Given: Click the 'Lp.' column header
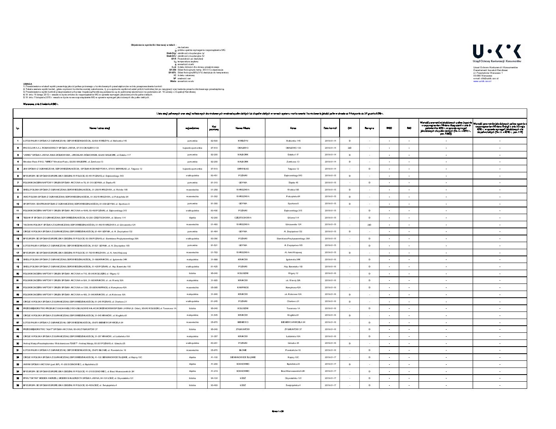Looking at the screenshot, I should (x=18, y=128).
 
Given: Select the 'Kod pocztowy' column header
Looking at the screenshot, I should (x=214, y=128).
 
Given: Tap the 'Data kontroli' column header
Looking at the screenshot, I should (x=330, y=128).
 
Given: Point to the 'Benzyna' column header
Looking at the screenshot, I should (x=369, y=128).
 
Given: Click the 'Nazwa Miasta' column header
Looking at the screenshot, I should (x=243, y=128).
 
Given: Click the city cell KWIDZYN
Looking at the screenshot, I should (x=243, y=141).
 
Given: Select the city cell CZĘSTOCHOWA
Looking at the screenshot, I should (x=243, y=218).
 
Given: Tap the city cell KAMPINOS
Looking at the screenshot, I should (x=243, y=287).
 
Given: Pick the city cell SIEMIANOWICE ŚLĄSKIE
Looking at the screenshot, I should (x=243, y=357).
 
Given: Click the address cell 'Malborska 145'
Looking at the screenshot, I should (x=293, y=141).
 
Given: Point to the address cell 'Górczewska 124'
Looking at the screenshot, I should (x=293, y=224).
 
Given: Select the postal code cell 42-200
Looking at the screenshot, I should (x=214, y=218).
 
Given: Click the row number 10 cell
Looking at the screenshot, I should (x=18, y=204).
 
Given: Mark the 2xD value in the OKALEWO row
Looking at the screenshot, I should (x=349, y=147).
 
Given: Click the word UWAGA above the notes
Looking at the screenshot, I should (x=27, y=84).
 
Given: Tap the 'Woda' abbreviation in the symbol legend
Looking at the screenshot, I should (x=173, y=81).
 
